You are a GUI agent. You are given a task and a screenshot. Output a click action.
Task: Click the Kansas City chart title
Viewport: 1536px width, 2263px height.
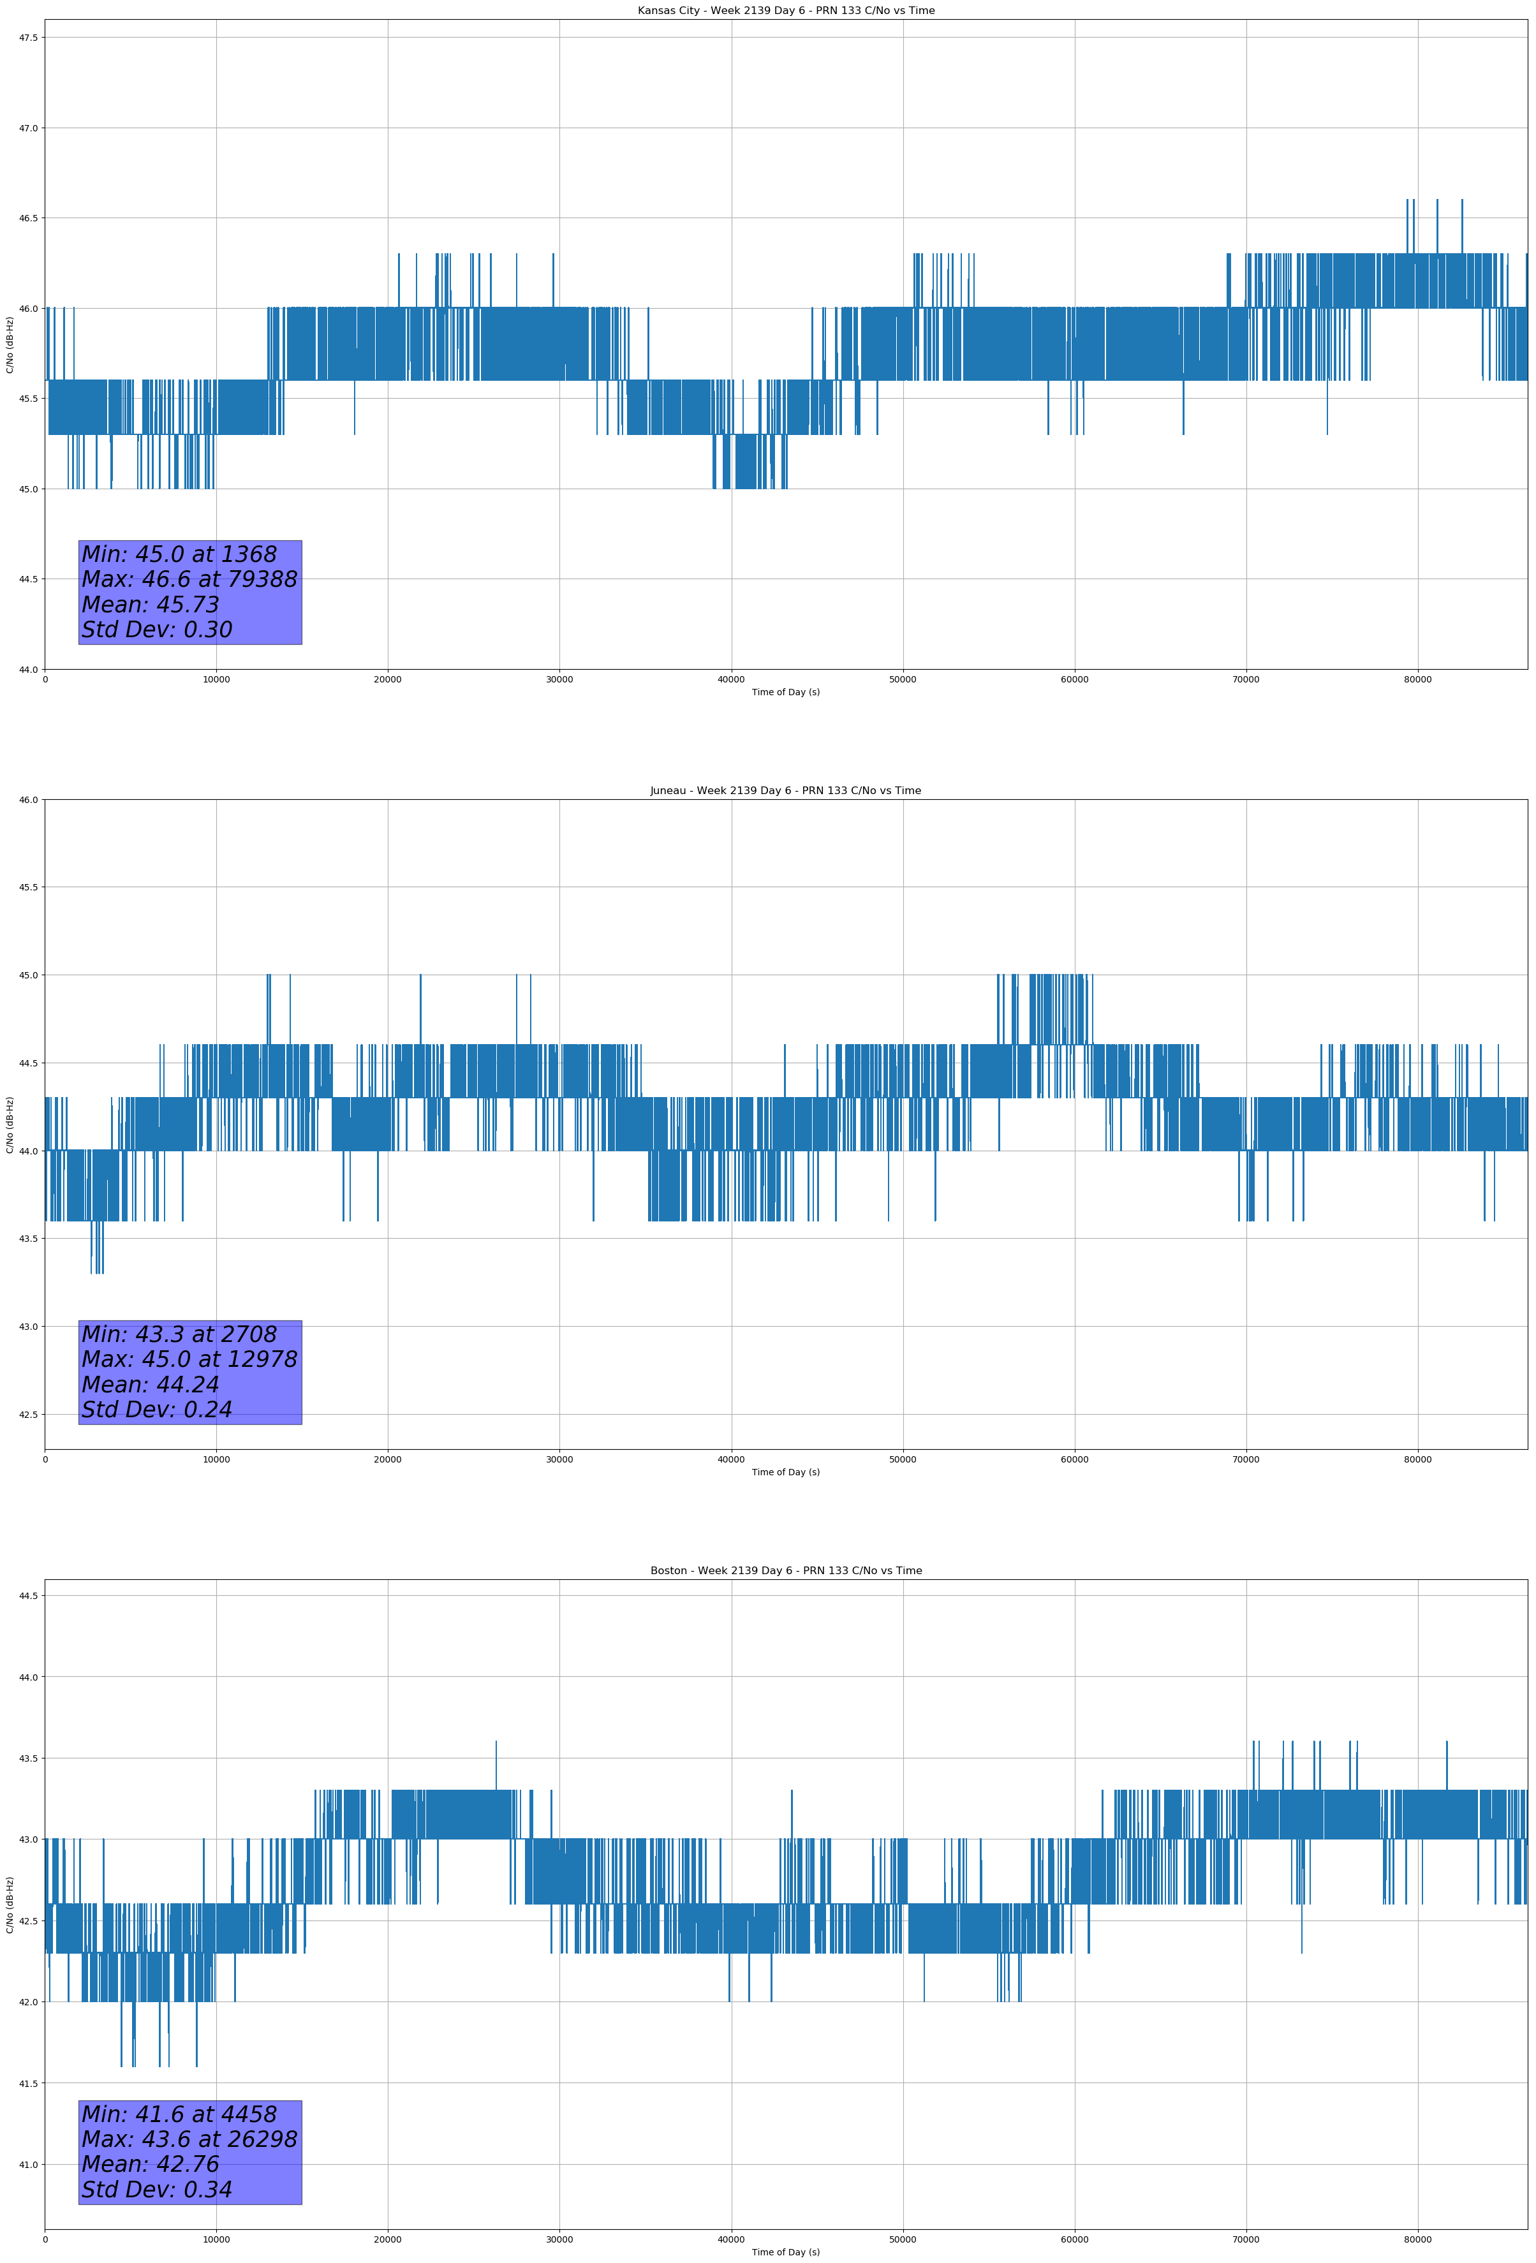click(x=785, y=11)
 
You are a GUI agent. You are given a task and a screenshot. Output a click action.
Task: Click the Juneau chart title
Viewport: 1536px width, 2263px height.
click(x=785, y=791)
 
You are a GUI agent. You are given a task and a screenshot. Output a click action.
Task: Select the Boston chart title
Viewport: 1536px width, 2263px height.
click(x=785, y=1571)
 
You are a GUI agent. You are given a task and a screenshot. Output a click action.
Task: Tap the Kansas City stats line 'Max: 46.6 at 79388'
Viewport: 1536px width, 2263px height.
click(x=189, y=579)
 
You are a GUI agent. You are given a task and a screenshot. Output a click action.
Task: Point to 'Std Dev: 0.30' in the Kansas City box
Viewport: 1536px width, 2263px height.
click(x=157, y=630)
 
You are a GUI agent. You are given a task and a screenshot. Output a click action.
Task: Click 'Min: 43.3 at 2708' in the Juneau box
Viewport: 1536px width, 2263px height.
click(x=179, y=1334)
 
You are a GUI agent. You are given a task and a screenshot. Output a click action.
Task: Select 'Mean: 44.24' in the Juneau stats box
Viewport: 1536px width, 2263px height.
click(x=150, y=1385)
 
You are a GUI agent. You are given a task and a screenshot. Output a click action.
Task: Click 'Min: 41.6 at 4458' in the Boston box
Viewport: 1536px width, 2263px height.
click(x=179, y=2114)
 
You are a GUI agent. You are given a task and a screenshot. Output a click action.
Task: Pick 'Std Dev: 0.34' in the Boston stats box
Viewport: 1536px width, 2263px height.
click(x=157, y=2190)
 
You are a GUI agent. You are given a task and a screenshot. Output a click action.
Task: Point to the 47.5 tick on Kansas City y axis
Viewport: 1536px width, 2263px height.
click(x=27, y=38)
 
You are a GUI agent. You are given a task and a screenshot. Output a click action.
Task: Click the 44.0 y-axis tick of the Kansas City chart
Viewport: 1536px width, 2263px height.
click(x=27, y=670)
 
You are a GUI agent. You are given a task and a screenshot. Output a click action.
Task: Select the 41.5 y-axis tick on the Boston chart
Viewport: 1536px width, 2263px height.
click(x=27, y=2084)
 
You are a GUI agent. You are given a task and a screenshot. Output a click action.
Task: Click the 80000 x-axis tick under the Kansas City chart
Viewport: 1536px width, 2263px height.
click(x=1417, y=680)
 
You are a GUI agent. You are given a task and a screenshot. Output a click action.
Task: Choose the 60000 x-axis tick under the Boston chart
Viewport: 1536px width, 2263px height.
click(x=1074, y=2239)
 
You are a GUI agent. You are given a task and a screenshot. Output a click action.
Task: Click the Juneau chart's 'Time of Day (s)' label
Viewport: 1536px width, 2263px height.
click(x=785, y=1472)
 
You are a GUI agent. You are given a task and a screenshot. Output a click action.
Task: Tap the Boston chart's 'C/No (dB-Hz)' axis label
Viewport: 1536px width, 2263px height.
click(x=10, y=1905)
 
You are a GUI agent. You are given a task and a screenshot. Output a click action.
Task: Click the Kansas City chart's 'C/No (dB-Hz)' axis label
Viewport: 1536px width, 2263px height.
click(x=10, y=344)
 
